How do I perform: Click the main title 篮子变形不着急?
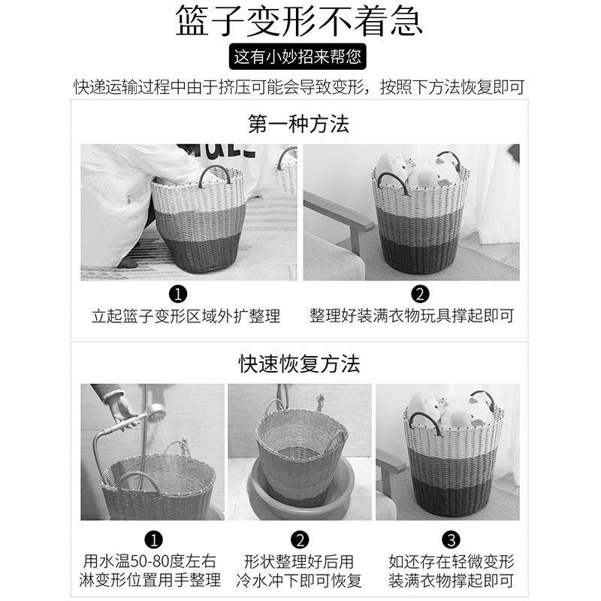click(299, 20)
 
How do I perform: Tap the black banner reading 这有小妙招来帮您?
click(297, 57)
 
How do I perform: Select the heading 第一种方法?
click(298, 124)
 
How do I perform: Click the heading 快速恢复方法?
click(299, 364)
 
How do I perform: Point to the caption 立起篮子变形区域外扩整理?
click(186, 316)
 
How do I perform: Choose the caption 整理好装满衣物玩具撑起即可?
click(412, 316)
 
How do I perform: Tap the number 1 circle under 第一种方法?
click(178, 294)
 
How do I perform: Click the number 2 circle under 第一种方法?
click(420, 294)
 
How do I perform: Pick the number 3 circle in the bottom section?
click(452, 540)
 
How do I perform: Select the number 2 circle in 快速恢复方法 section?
click(300, 540)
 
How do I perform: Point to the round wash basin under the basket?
click(303, 488)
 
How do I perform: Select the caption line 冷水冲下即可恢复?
click(299, 580)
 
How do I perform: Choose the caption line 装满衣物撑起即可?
click(451, 580)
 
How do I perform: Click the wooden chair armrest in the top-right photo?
click(340, 210)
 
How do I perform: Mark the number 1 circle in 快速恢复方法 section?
click(154, 540)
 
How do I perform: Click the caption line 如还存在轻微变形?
click(452, 561)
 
